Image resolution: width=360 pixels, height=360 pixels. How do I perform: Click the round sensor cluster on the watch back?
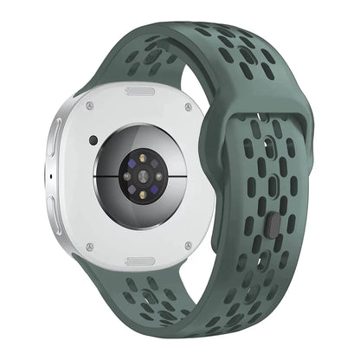click(138, 173)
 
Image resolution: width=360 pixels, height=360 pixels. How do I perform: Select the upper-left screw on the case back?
click(89, 106)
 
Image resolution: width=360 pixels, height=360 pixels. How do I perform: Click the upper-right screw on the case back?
click(188, 107)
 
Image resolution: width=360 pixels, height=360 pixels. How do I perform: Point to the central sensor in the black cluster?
click(138, 174)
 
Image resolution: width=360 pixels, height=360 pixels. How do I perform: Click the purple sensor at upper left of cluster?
click(127, 162)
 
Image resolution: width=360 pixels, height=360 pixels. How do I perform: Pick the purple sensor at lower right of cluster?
click(150, 185)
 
